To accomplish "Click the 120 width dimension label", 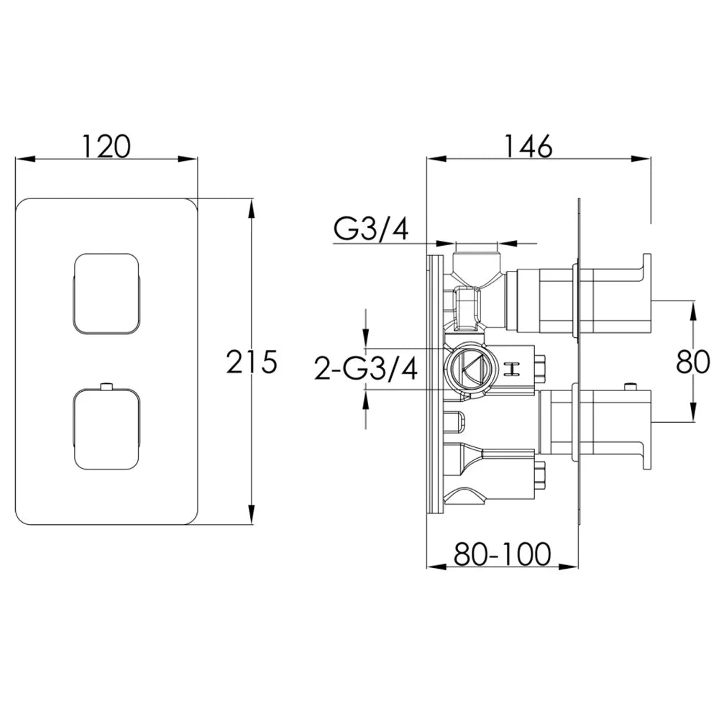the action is [x=106, y=146].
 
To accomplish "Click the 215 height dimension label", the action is [x=252, y=362].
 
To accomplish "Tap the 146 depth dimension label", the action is [x=528, y=146].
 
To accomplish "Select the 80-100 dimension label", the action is [x=502, y=554].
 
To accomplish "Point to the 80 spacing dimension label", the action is [x=693, y=362].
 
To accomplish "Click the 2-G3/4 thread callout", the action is [x=366, y=369].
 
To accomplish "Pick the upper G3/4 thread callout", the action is [x=371, y=229].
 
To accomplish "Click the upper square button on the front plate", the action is [x=106, y=292].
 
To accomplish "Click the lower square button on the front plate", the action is [x=106, y=429].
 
